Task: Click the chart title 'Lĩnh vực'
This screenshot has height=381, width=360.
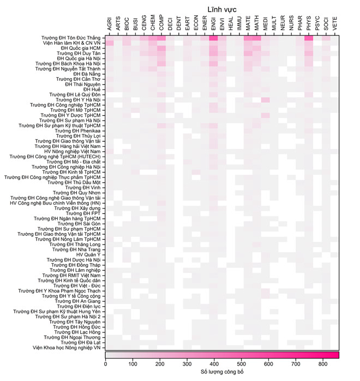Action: click(222, 9)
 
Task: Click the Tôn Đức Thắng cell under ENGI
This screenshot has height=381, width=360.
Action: click(213, 38)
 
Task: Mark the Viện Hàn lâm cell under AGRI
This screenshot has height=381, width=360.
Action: click(110, 43)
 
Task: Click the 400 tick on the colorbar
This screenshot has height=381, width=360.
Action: click(214, 364)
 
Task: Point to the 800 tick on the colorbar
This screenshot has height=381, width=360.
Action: click(323, 364)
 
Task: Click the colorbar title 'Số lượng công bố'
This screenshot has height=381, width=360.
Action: click(222, 372)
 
